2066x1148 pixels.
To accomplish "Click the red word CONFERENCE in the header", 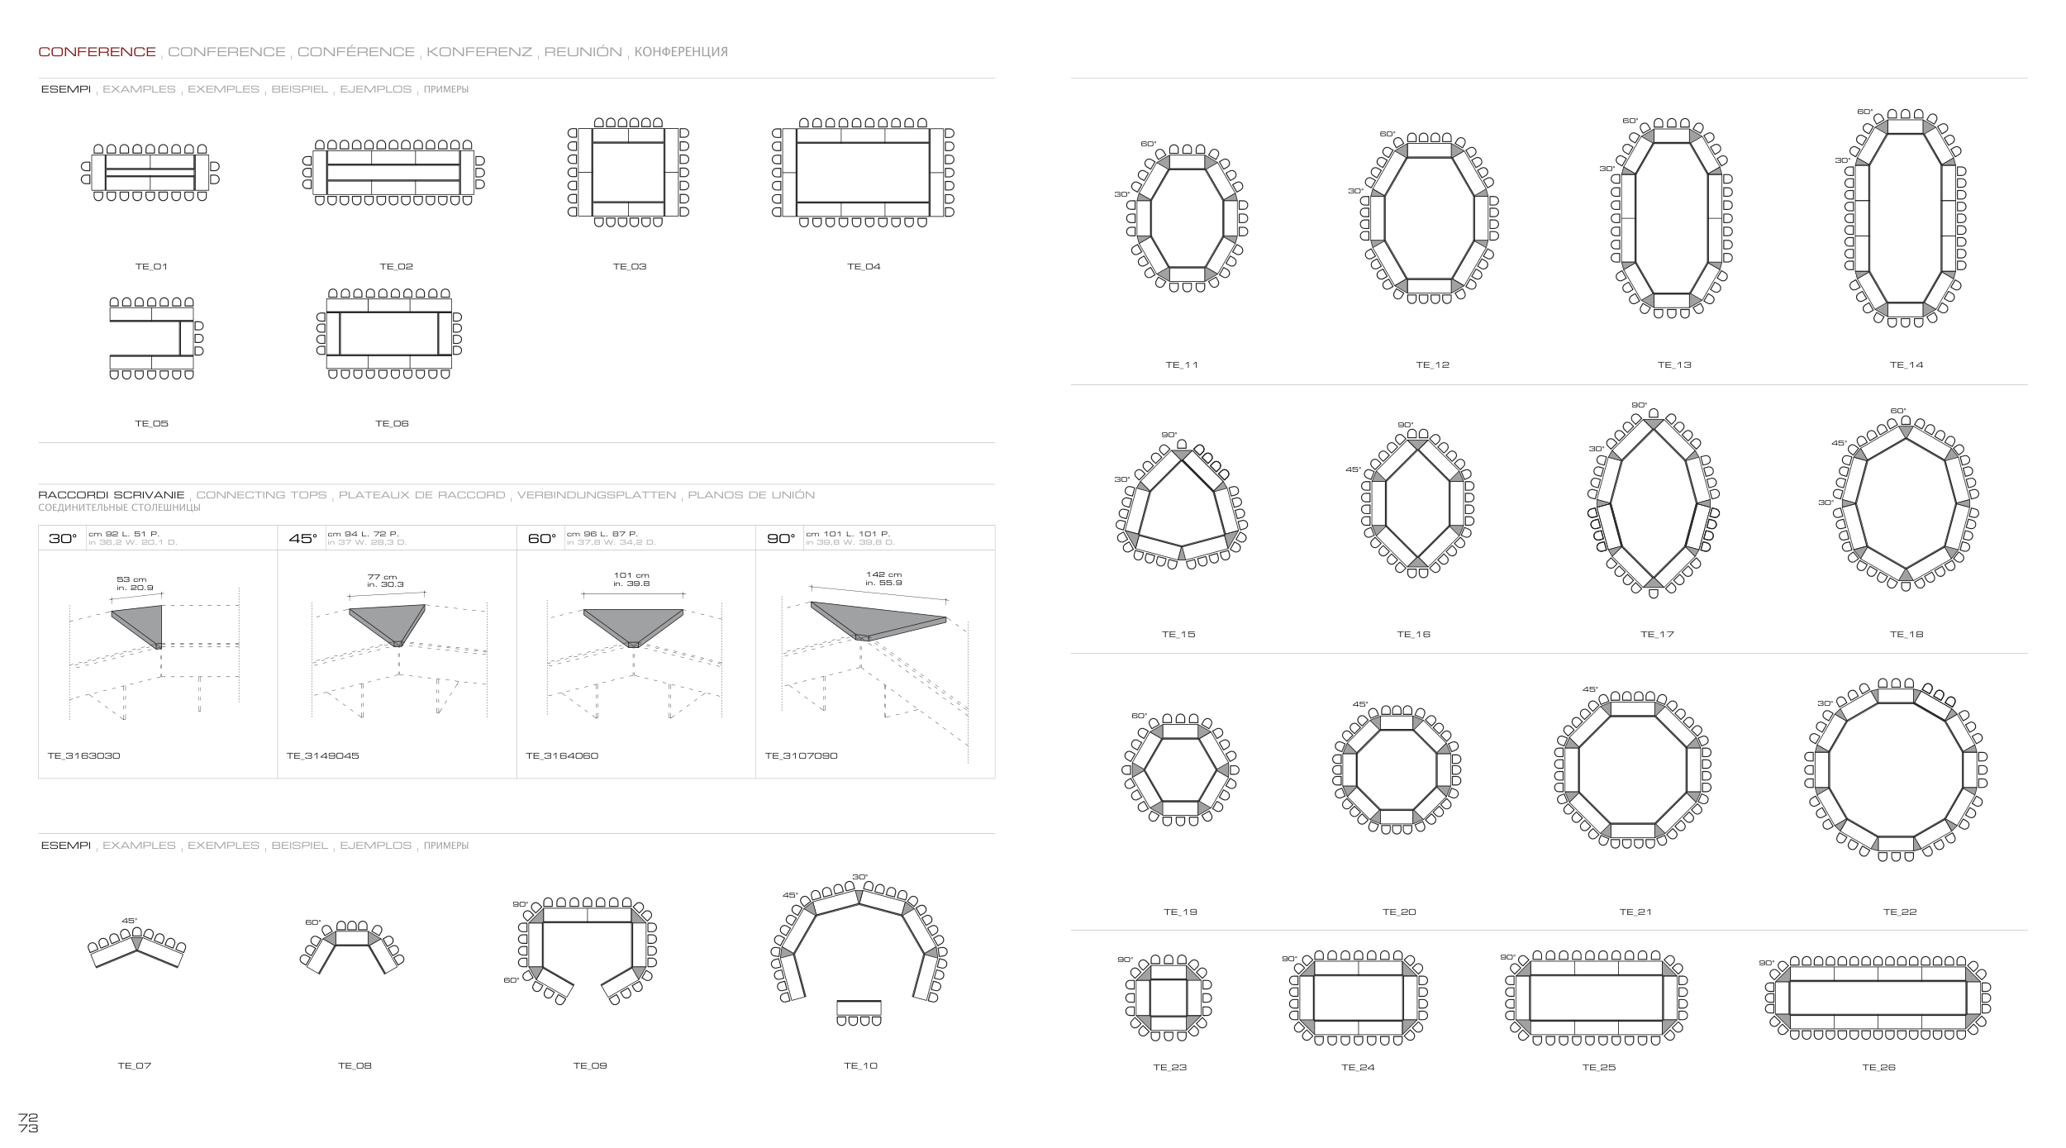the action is tap(97, 52).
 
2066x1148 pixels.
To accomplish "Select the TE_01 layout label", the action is tap(151, 267).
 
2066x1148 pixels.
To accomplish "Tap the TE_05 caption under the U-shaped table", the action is tap(151, 424).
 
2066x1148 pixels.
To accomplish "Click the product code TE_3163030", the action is tap(84, 756).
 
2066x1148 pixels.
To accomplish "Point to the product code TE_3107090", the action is tap(801, 756).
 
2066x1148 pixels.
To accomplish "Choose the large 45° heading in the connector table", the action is tap(302, 539).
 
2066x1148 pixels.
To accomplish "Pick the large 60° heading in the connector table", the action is tap(542, 539).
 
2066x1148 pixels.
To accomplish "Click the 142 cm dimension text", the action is tap(883, 574).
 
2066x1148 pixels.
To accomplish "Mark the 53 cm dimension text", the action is tap(131, 579).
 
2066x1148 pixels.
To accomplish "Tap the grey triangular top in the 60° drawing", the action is tap(633, 624).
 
